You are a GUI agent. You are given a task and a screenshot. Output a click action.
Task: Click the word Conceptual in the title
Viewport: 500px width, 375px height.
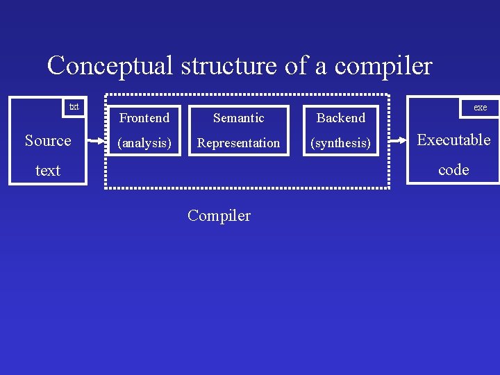click(110, 66)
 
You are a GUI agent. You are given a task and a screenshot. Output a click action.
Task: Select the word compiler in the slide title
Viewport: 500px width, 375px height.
click(383, 66)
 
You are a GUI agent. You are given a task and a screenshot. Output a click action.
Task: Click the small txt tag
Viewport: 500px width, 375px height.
click(74, 107)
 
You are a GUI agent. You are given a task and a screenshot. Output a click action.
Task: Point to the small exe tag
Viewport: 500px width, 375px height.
click(481, 108)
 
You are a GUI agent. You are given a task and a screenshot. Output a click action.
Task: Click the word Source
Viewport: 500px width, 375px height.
click(48, 140)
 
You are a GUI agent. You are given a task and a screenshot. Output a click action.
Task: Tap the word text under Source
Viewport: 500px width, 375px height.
click(48, 170)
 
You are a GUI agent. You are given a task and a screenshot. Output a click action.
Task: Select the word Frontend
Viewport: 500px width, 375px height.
click(144, 118)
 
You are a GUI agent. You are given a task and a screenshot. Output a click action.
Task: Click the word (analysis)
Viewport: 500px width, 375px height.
click(144, 143)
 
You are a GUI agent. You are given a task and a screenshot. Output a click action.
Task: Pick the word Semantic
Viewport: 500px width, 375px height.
click(238, 118)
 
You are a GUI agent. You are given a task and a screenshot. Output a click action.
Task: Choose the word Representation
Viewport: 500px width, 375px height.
click(238, 143)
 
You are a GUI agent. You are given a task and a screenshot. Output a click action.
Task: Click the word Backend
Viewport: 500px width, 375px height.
click(340, 118)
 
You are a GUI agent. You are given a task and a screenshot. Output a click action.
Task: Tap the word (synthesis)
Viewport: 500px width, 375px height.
click(340, 143)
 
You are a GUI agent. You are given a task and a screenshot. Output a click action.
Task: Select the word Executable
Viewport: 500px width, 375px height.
click(453, 140)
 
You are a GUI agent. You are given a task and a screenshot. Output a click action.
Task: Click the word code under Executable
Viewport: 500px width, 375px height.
click(453, 169)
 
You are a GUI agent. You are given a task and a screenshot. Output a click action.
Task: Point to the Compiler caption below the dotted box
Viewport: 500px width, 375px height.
click(219, 215)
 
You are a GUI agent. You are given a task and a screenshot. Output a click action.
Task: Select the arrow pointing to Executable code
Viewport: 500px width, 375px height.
click(398, 140)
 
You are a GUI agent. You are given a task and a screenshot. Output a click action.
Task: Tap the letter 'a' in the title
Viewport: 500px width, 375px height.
click(320, 67)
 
